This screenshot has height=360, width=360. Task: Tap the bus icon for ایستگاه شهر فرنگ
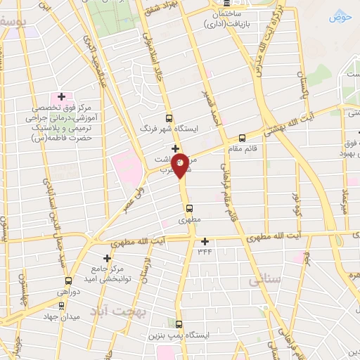[x=168, y=119]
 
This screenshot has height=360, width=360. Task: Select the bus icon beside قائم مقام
[x=243, y=138]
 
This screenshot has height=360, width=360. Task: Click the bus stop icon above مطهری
[x=189, y=208]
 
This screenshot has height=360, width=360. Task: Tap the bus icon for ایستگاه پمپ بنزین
[x=178, y=324]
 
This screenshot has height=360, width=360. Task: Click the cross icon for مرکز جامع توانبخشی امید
[x=108, y=258]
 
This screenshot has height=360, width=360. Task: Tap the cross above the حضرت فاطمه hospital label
[x=61, y=96]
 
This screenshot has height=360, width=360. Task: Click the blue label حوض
[x=341, y=15]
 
